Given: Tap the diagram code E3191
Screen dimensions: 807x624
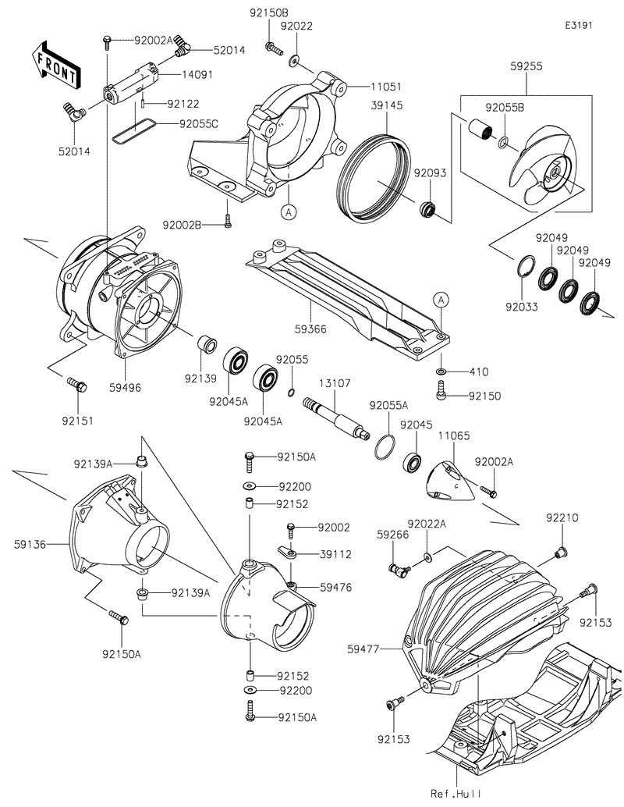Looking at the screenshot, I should (x=580, y=25).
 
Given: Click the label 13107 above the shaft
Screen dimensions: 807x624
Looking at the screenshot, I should (x=335, y=383).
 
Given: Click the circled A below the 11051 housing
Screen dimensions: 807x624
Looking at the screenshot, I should (x=289, y=211).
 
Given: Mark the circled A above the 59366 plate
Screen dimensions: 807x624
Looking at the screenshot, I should (x=441, y=300).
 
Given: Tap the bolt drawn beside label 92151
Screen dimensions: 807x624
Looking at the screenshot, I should (x=77, y=384).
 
